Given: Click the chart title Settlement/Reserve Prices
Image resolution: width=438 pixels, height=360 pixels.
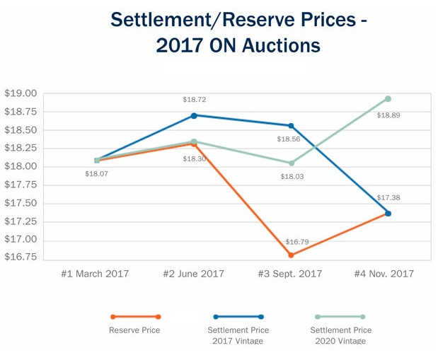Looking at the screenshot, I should [238, 20].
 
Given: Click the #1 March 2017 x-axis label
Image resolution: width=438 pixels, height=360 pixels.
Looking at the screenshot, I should [95, 274].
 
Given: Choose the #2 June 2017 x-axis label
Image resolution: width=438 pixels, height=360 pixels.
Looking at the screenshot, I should [193, 274].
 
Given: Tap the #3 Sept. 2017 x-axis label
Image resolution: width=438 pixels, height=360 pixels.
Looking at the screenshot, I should [291, 274].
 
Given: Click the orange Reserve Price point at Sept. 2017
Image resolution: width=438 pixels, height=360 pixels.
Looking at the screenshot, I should [291, 255].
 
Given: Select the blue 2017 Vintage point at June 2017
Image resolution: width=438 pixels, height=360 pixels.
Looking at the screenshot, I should [194, 115].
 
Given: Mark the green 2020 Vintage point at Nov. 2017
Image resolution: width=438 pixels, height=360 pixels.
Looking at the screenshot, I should [388, 99].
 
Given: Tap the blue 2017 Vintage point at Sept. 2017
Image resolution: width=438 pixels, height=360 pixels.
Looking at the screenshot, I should [291, 126].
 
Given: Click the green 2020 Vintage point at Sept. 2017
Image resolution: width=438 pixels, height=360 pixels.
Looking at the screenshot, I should [291, 163].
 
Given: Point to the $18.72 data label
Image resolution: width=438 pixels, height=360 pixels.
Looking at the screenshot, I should [194, 100].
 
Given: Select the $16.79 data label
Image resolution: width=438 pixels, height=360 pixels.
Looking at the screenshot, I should [292, 242].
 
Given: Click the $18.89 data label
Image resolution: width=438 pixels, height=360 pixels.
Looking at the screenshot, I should [388, 115].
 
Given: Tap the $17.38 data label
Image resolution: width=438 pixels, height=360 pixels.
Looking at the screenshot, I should [388, 198].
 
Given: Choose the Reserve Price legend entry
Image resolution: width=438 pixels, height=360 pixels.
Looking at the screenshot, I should [134, 330].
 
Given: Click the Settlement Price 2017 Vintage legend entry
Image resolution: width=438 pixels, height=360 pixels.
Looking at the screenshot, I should [238, 335].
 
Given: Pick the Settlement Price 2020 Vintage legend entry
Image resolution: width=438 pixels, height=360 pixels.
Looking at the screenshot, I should [340, 335].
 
